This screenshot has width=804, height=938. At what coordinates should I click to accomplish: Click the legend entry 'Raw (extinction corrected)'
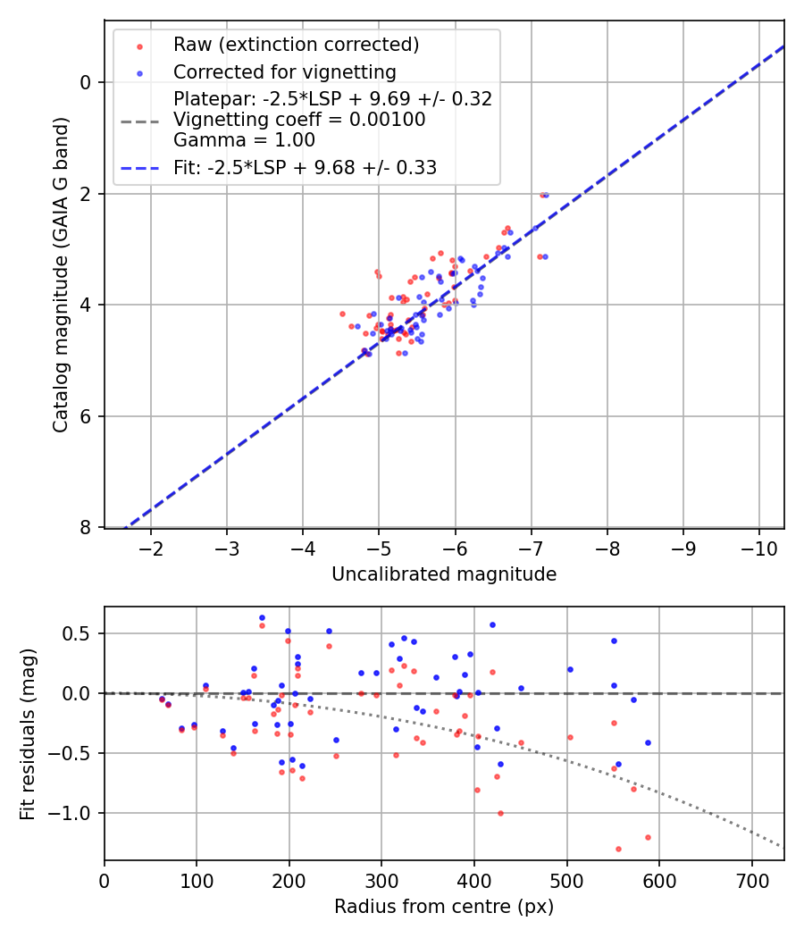tap(296, 45)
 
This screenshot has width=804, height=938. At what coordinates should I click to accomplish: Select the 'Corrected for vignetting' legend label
tap(284, 71)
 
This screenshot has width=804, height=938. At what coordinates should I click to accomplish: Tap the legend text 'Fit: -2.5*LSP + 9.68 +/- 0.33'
tap(305, 167)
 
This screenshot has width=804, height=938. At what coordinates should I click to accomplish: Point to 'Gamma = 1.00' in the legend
tap(244, 139)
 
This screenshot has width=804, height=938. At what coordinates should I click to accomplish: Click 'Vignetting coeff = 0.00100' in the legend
tap(299, 119)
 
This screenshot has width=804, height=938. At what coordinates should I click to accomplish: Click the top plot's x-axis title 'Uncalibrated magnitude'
tap(444, 574)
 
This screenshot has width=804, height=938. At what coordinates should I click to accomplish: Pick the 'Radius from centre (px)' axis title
tap(444, 907)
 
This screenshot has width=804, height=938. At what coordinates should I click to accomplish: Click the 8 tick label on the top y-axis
tap(87, 528)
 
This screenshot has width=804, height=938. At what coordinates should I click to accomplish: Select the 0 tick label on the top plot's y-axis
tap(87, 82)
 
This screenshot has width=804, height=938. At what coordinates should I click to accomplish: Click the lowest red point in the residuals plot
tap(618, 849)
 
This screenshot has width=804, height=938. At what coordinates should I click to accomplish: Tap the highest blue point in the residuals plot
tap(262, 617)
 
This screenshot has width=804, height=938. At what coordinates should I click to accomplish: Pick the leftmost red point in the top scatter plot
tap(342, 314)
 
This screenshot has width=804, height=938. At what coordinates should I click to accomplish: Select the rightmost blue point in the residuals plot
tap(648, 742)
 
